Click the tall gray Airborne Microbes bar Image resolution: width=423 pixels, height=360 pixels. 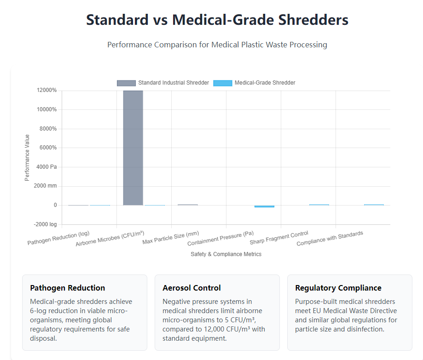[x=133, y=148]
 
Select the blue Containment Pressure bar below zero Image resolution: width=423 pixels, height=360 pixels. [x=264, y=206]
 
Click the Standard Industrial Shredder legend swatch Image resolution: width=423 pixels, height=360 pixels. [x=126, y=83]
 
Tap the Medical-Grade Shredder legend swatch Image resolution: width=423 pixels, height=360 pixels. [x=223, y=83]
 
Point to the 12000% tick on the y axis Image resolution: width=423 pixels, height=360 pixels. [x=46, y=91]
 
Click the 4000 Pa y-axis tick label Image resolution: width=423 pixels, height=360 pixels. [x=46, y=167]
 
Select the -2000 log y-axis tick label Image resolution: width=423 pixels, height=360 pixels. [x=46, y=224]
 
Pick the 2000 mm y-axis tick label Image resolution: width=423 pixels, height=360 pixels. [x=46, y=186]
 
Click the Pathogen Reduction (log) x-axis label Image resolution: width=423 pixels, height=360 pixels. [x=59, y=238]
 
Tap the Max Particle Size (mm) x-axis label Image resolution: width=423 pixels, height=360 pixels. [x=171, y=238]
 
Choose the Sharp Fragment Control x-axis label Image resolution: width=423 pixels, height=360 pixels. [x=279, y=238]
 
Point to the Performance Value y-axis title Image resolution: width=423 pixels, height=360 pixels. [x=27, y=157]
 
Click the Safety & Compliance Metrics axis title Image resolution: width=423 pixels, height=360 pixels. [x=226, y=254]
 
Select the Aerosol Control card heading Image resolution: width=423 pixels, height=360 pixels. [x=191, y=288]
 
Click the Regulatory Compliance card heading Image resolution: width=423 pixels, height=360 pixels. [x=338, y=288]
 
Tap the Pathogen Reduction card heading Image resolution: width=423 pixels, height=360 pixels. [x=68, y=288]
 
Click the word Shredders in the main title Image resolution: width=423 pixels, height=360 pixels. [x=310, y=20]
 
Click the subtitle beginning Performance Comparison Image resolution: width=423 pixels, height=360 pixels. [x=217, y=45]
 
